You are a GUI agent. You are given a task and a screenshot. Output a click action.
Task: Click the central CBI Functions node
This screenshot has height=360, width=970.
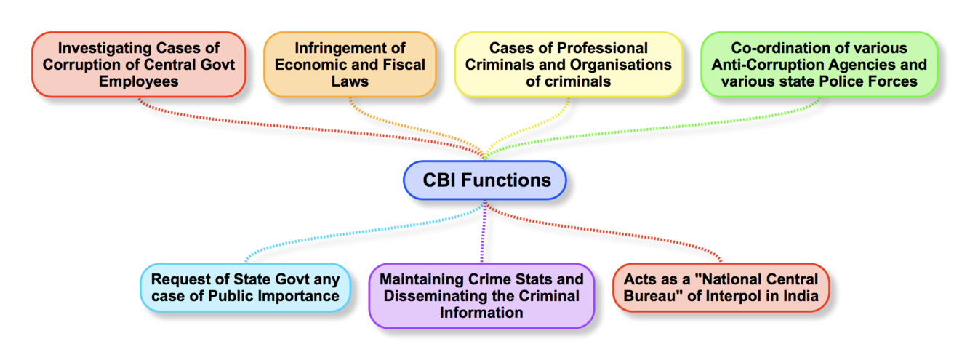pos(484,180)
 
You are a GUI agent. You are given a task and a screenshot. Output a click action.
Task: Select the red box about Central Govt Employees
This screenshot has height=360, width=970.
pos(138,65)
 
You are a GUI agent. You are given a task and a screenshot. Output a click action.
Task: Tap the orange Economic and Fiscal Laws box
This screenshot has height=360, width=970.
pos(350,65)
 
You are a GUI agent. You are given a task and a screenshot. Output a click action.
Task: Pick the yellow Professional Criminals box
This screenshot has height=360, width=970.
pos(569,65)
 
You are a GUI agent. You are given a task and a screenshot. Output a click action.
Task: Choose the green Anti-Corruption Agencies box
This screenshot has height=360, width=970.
pos(819,65)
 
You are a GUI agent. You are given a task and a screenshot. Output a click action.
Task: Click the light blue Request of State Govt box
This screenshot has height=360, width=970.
pos(245,287)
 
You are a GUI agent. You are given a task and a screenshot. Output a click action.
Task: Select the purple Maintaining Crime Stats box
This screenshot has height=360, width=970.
pos(481,296)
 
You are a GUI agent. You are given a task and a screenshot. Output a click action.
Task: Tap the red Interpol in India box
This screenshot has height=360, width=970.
pos(721,287)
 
